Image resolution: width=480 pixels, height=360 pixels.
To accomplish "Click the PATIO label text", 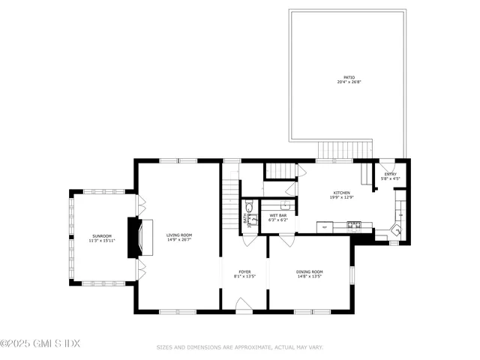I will pyautogui.click(x=349, y=77).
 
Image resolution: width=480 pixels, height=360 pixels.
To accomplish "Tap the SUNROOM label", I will pyautogui.click(x=102, y=236).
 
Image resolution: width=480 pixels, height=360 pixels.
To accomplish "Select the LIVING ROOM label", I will pyautogui.click(x=179, y=235).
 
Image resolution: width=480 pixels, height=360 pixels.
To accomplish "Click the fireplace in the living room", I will pyautogui.click(x=136, y=238).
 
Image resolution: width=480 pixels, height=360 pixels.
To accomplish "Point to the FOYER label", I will pyautogui.click(x=244, y=271).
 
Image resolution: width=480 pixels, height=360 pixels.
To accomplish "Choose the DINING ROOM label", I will pyautogui.click(x=309, y=271).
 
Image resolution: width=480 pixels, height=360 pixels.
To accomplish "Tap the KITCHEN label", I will pyautogui.click(x=342, y=193).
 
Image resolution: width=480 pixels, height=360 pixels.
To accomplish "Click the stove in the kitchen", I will pyautogui.click(x=355, y=224).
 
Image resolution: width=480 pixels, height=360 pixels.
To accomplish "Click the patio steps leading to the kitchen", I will pyautogui.click(x=345, y=149).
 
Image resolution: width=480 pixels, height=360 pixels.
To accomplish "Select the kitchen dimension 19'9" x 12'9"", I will pyautogui.click(x=342, y=197).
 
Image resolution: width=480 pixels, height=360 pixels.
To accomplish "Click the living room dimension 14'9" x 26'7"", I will pyautogui.click(x=179, y=240).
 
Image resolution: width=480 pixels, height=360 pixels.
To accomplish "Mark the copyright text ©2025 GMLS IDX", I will pyautogui.click(x=40, y=343).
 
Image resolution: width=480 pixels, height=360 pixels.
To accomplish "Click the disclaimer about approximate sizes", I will pyautogui.click(x=239, y=347).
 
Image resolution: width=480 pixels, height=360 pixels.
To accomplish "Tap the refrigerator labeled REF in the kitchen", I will pyautogui.click(x=324, y=225).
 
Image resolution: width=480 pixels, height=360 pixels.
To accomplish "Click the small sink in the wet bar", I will pyautogui.click(x=286, y=204).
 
